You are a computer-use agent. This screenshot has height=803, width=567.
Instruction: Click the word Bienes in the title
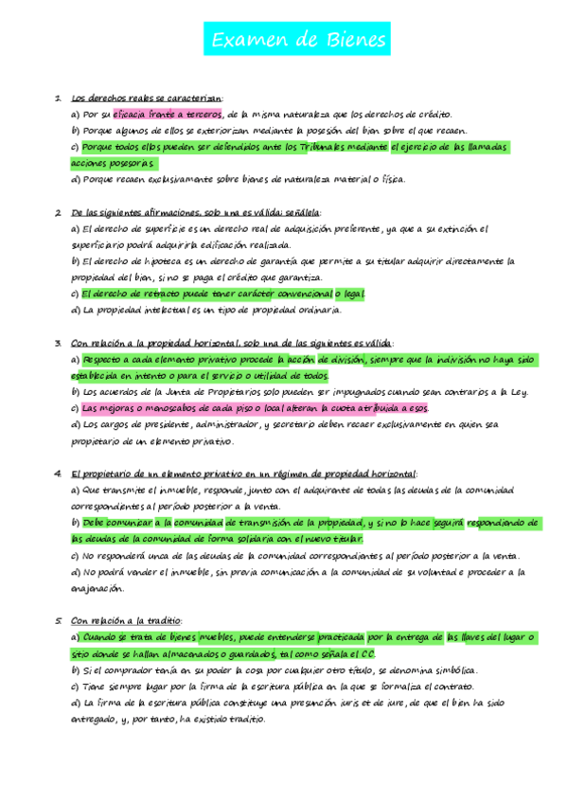[x=355, y=40]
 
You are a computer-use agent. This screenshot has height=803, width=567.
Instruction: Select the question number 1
[x=58, y=98]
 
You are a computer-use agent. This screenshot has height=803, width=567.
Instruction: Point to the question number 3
[x=58, y=343]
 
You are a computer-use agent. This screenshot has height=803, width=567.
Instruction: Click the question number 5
[x=58, y=620]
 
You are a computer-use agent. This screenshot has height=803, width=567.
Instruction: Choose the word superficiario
[x=96, y=244]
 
